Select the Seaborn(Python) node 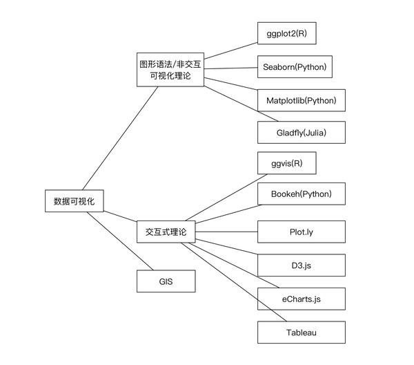click(295, 67)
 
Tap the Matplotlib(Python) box click(301, 100)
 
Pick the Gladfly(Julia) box click(301, 132)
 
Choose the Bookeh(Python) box click(301, 194)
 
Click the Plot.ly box click(301, 231)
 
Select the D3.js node click(301, 265)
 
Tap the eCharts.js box click(301, 299)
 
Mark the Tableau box click(301, 333)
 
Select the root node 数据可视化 click(73, 201)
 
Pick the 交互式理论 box click(166, 231)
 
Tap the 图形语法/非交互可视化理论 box click(170, 68)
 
